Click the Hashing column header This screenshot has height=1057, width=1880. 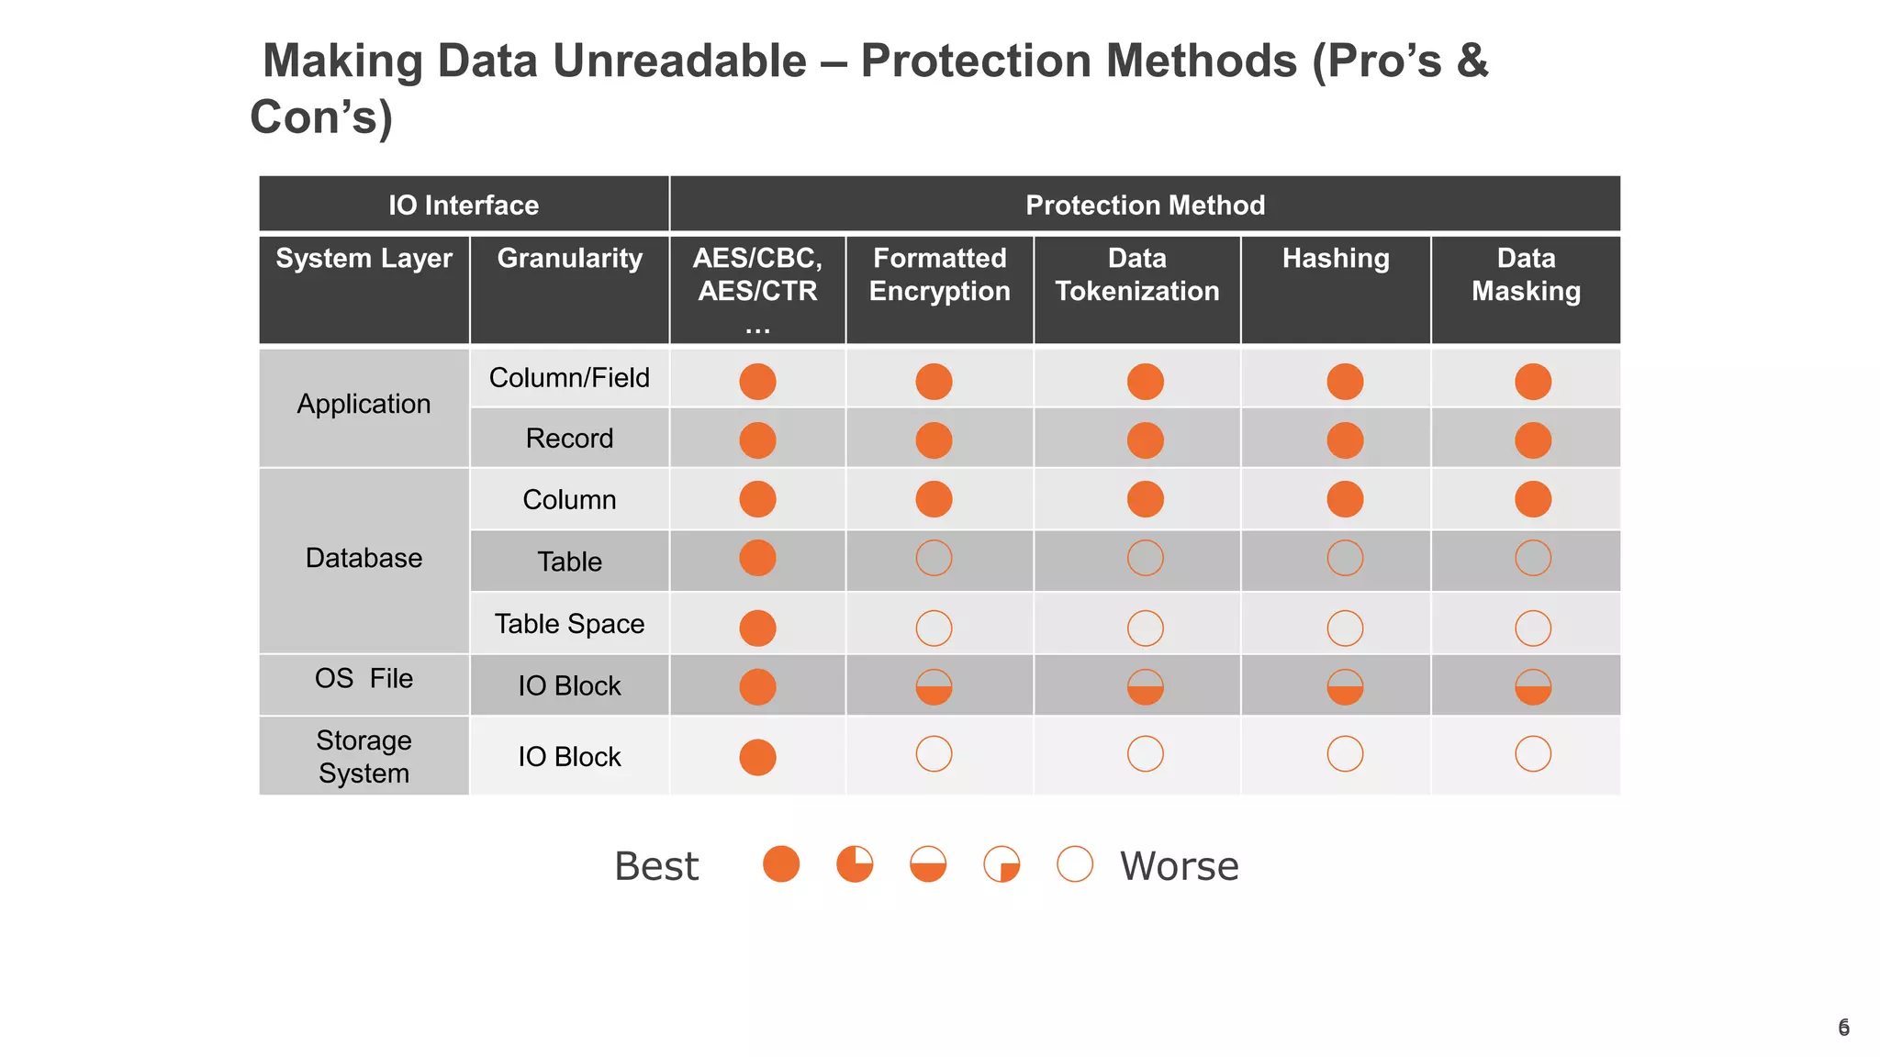click(x=1336, y=259)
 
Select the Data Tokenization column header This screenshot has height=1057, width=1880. click(x=1137, y=274)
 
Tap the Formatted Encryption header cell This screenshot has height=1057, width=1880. click(x=939, y=274)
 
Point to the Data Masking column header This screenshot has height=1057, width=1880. click(x=1526, y=274)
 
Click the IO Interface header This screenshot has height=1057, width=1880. click(x=464, y=205)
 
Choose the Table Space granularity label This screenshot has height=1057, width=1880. click(x=569, y=624)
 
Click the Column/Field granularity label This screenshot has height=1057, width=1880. click(x=569, y=378)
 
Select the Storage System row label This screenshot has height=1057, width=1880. click(x=364, y=756)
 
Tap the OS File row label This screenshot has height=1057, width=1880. click(x=364, y=679)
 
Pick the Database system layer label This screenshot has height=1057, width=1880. click(x=364, y=558)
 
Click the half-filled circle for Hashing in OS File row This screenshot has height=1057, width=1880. click(x=1345, y=687)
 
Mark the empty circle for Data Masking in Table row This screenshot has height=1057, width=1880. click(x=1533, y=558)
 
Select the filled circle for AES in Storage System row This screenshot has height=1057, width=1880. click(x=757, y=757)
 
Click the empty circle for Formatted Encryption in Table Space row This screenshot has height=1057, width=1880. click(x=934, y=629)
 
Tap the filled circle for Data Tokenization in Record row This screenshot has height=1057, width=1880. click(x=1145, y=440)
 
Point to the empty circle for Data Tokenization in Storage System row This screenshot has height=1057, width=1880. click(x=1145, y=754)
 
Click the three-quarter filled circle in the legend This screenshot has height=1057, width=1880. click(x=855, y=864)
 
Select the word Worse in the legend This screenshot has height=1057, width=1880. click(x=1179, y=866)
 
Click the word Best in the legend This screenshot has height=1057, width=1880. click(x=656, y=866)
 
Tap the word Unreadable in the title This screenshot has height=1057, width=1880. click(x=679, y=61)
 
